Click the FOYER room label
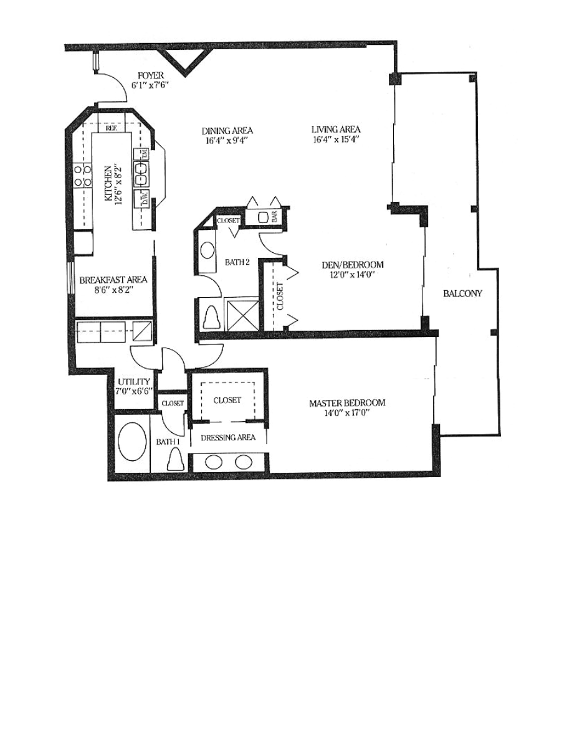click(x=151, y=75)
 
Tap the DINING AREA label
click(x=227, y=131)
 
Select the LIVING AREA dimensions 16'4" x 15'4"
click(x=336, y=140)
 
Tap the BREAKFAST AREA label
click(x=113, y=280)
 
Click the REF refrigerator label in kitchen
click(x=112, y=128)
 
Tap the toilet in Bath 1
click(x=176, y=458)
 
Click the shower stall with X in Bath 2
click(x=243, y=314)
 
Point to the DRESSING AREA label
click(x=228, y=438)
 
